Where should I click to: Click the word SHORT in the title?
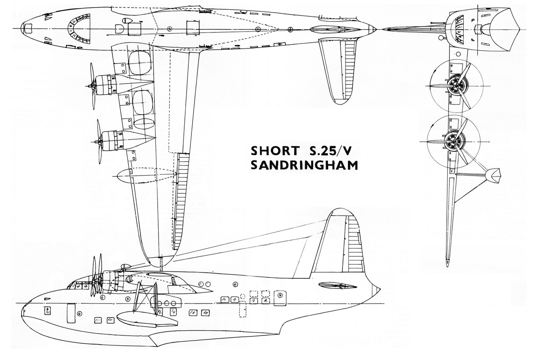pos(275,151)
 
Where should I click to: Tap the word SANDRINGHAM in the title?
pos(304,165)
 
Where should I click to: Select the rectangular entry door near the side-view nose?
pos(71,313)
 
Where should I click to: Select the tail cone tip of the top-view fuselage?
pos(375,29)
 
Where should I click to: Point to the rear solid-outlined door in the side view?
pos(280,298)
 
